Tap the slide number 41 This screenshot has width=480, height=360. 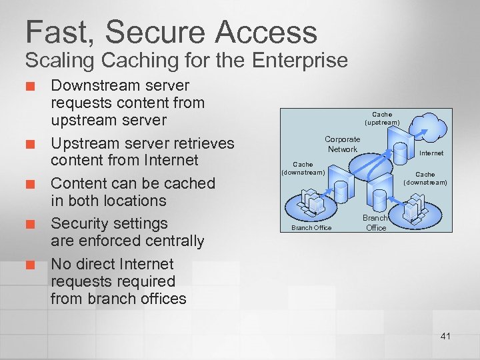(x=445, y=336)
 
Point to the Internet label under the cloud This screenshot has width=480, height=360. (x=431, y=153)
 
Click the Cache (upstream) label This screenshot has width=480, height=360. (x=382, y=119)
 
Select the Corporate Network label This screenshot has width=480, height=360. (x=342, y=144)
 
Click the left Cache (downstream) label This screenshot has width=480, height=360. (x=303, y=168)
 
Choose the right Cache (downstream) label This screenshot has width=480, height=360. (x=425, y=178)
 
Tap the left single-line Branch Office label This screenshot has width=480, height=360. (x=311, y=228)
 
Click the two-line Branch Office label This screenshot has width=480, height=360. (x=375, y=223)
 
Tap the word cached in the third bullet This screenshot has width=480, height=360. (x=189, y=183)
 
